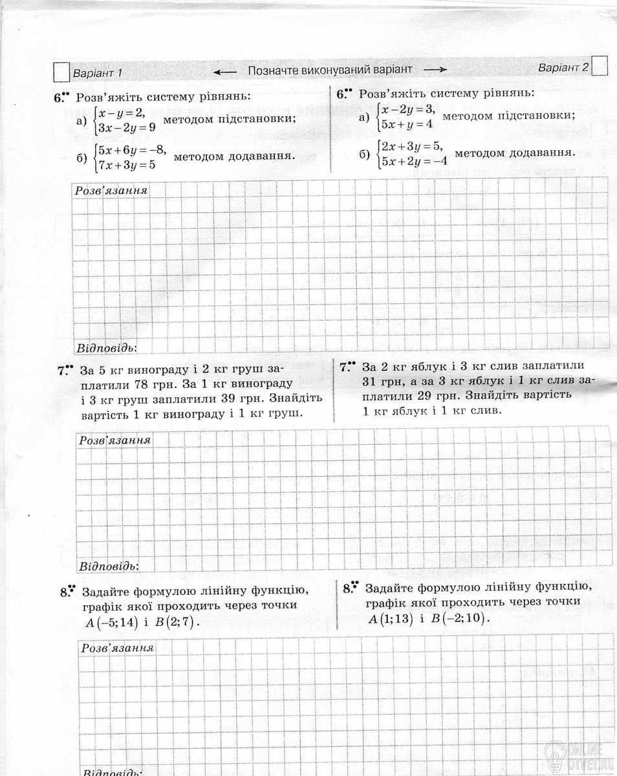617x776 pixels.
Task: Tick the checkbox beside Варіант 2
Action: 600,67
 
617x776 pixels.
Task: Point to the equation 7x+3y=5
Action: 126,164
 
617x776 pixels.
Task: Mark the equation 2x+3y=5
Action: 411,145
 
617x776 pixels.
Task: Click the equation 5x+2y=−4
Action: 415,161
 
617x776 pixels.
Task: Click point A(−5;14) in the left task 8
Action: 113,622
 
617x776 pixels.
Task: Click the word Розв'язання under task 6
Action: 111,191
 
